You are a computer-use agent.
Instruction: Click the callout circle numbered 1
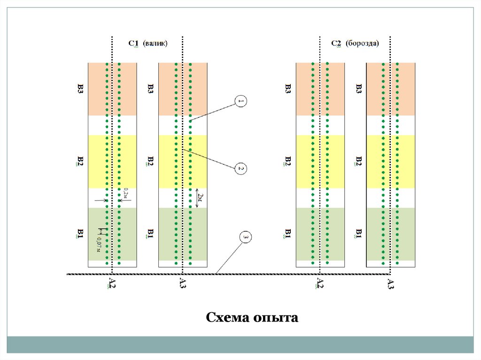tap(240, 101)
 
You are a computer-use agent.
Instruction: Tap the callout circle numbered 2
tap(240, 169)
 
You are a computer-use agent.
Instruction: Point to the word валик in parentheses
tap(155, 43)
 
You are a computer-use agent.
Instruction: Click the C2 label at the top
tap(336, 44)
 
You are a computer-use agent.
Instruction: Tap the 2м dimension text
tap(201, 198)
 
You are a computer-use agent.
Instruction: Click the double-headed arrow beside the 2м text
tap(196, 197)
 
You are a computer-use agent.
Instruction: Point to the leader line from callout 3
tap(230, 256)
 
